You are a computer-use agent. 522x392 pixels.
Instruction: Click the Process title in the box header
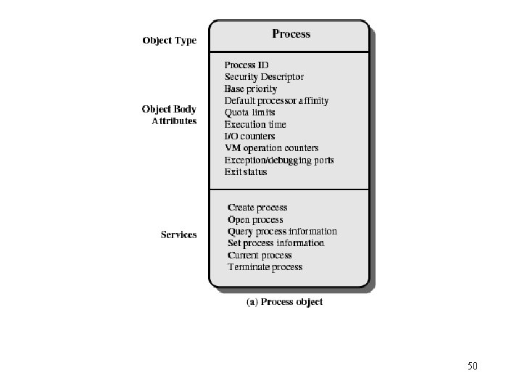[291, 33]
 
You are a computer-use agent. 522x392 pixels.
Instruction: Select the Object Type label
[169, 41]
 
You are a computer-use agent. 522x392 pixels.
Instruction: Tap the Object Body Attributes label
[169, 115]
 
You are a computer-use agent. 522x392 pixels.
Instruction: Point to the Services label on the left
[178, 234]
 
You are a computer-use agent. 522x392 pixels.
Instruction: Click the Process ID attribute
[246, 65]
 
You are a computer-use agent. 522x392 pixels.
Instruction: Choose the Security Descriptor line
[264, 77]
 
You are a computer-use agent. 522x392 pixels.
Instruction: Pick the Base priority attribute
[251, 89]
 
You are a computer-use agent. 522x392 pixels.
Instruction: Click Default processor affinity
[276, 101]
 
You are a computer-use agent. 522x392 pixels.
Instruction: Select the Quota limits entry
[249, 113]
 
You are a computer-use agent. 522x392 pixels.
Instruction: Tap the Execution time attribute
[255, 125]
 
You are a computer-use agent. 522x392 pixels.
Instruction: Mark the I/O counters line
[249, 136]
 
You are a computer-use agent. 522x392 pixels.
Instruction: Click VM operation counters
[271, 148]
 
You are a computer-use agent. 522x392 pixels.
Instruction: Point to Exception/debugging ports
[279, 160]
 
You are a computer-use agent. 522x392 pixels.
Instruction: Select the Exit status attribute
[246, 172]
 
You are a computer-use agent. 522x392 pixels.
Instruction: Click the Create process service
[257, 208]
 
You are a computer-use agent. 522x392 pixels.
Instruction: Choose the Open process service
[255, 219]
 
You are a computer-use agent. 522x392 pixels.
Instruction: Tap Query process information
[282, 232]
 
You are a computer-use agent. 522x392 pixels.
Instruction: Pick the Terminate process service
[265, 267]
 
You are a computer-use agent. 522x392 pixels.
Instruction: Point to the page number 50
[473, 366]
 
